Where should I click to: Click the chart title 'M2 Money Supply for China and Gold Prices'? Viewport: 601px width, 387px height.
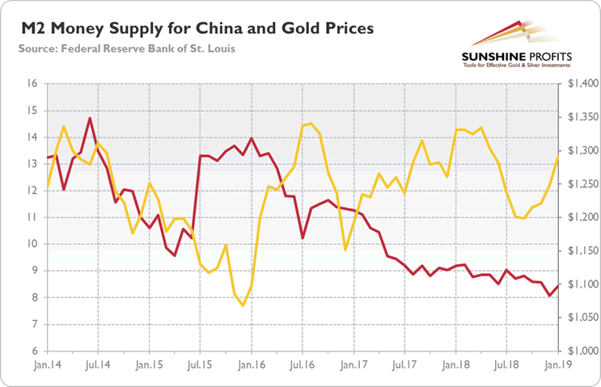pyautogui.click(x=194, y=30)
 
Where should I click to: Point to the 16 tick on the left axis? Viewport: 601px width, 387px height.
pyautogui.click(x=32, y=83)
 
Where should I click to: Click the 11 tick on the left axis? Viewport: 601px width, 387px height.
pyautogui.click(x=32, y=217)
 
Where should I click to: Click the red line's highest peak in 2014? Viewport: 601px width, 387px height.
pyautogui.click(x=90, y=118)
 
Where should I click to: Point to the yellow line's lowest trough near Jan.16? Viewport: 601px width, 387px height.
pyautogui.click(x=243, y=305)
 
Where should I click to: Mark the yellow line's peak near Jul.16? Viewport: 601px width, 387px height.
pyautogui.click(x=310, y=123)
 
